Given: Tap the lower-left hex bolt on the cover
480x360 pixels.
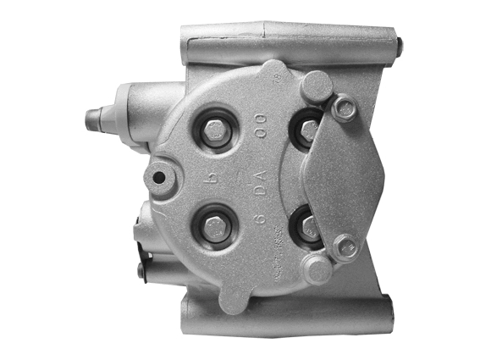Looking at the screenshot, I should [x=215, y=228].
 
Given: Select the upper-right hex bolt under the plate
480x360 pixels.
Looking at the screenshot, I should [x=309, y=130].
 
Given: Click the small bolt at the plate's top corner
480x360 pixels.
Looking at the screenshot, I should [x=345, y=107].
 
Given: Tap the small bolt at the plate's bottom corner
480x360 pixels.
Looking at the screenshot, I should [x=343, y=248].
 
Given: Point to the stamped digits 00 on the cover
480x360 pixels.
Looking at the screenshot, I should [x=261, y=135].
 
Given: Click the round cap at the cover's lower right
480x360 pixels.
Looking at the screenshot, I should [x=317, y=269].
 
